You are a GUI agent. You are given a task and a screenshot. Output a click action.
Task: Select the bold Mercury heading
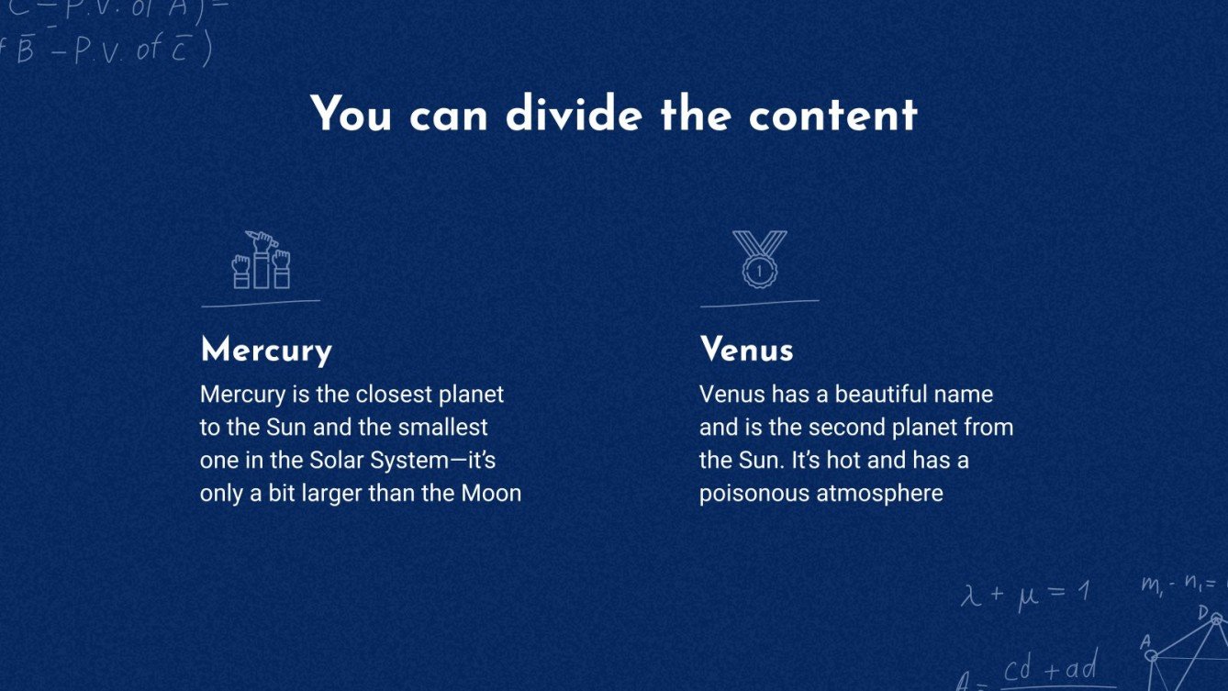point(266,351)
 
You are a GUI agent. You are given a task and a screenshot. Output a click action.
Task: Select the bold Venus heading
point(746,351)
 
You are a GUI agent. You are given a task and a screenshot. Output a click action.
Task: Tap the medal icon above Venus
point(759,260)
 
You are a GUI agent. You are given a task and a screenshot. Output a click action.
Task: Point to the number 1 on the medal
point(759,271)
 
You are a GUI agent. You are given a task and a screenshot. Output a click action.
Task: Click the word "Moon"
point(491,494)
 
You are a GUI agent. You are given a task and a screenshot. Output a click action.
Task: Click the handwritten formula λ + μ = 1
point(1024,594)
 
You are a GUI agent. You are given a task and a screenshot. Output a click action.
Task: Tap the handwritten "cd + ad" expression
point(1049,670)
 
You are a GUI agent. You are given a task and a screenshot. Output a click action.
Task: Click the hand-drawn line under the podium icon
point(261,302)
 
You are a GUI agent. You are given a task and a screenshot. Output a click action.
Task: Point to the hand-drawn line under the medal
point(759,302)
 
